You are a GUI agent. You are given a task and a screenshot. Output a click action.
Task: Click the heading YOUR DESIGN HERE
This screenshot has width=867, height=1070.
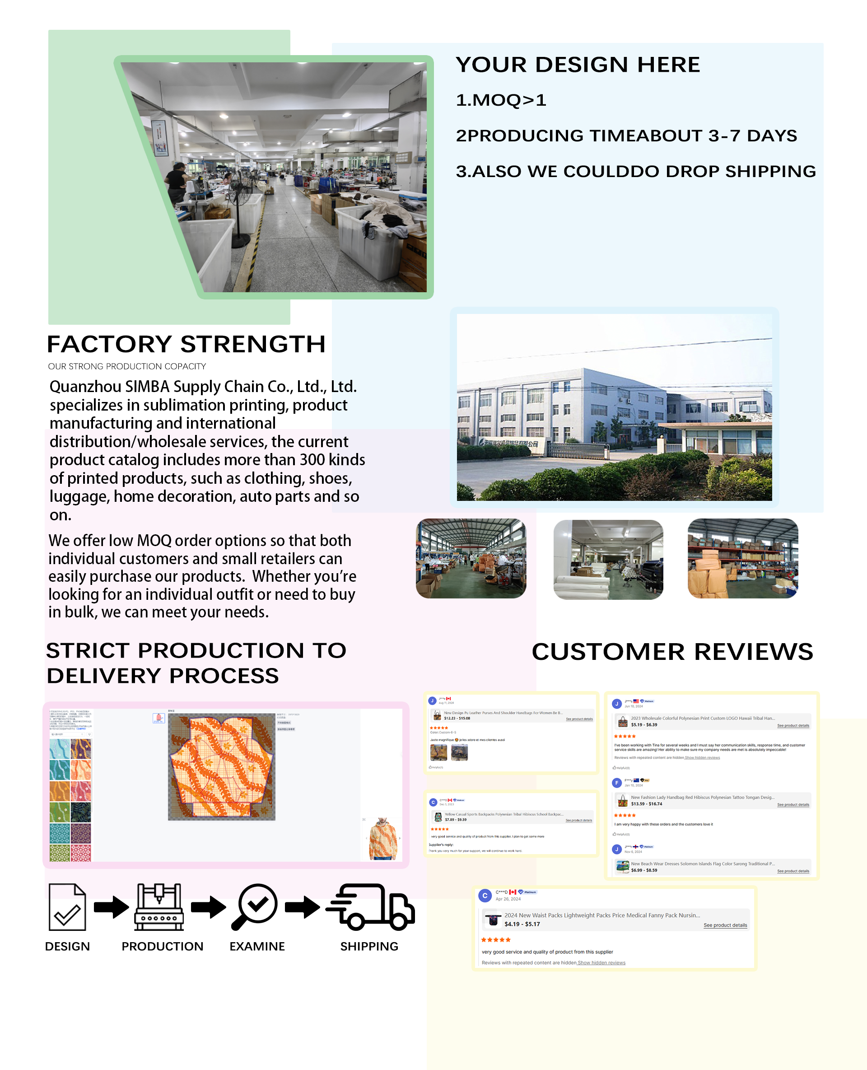point(578,65)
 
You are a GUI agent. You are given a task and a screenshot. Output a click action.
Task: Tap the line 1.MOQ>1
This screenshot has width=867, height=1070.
point(501,100)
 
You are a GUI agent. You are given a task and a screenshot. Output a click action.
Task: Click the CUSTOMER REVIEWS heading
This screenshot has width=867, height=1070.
point(672,652)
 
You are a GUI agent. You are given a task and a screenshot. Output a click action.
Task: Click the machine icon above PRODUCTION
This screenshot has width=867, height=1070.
point(159,907)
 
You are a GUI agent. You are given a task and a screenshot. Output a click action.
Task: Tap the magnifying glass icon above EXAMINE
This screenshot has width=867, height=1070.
point(255,907)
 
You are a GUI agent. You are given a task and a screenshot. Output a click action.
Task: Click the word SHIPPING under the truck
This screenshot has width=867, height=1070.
point(369,947)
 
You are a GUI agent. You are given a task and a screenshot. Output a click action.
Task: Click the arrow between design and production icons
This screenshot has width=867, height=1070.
point(112,907)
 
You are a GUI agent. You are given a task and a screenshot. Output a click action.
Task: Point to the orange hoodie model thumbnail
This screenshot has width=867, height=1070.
point(382,839)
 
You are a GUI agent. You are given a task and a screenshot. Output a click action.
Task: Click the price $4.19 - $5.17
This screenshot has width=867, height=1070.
point(522,924)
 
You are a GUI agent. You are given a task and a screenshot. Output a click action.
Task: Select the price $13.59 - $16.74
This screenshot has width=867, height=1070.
point(646,804)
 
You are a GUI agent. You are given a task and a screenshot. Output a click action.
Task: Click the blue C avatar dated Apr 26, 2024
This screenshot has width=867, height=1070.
point(485,896)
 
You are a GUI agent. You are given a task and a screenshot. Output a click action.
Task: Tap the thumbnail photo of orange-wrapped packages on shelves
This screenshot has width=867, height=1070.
point(743,558)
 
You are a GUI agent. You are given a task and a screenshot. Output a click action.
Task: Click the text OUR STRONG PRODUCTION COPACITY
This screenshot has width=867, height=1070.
point(127,367)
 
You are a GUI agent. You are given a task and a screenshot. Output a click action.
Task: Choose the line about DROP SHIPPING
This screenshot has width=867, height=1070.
point(635,171)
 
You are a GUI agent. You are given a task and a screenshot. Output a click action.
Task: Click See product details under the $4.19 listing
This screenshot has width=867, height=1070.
point(725,925)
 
